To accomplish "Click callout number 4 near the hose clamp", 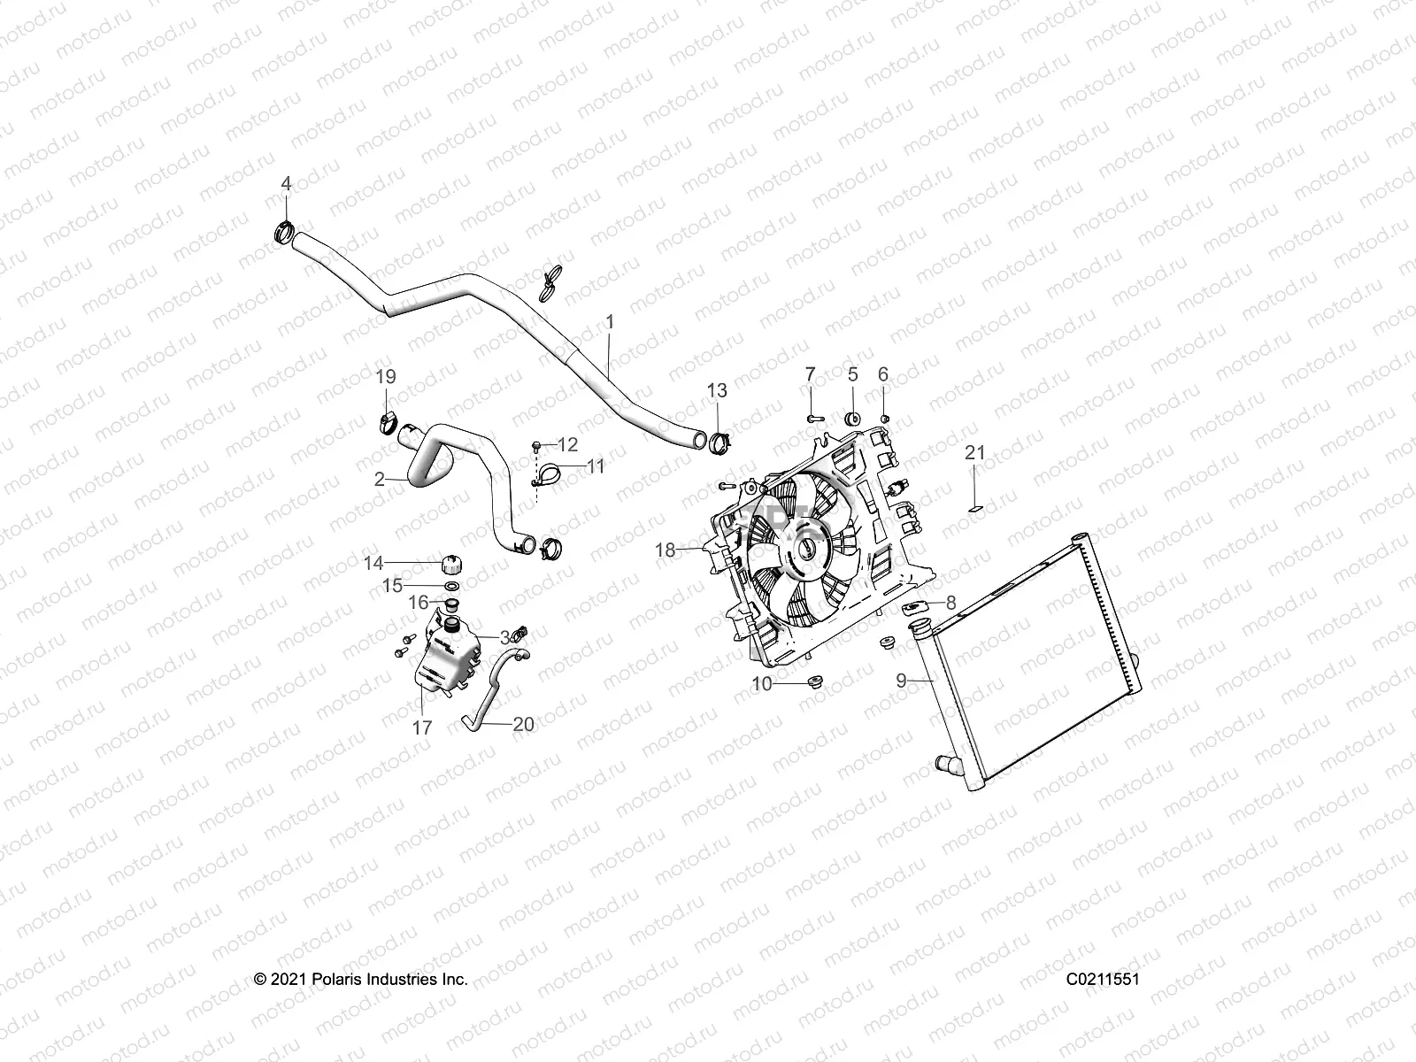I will pos(286,183).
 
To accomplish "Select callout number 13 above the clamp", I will pos(717,390).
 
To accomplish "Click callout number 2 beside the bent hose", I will pos(380,480).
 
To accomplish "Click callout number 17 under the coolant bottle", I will pos(422,727).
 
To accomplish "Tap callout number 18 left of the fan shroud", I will pos(665,550).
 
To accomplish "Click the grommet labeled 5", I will pos(854,418).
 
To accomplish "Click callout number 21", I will pos(974,452).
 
